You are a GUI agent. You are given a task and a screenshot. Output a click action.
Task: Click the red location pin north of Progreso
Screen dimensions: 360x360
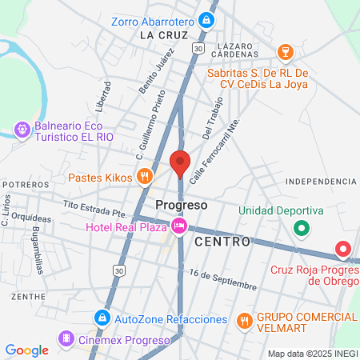[180, 162]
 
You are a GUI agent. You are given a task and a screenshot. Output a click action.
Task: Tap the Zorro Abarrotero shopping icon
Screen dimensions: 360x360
[207, 19]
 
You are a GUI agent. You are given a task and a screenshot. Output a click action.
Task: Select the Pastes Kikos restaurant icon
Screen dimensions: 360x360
[144, 177]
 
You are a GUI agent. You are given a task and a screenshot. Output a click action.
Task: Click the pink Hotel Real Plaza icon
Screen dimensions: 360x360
[179, 227]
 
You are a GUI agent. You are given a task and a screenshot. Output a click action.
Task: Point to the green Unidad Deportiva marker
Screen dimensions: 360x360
[302, 229]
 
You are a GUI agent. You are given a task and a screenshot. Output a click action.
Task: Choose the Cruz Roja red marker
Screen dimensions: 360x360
[344, 250]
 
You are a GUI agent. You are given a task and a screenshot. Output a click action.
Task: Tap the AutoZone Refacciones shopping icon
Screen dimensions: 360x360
[102, 318]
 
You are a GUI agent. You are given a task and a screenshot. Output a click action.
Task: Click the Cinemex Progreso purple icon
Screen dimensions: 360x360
[64, 340]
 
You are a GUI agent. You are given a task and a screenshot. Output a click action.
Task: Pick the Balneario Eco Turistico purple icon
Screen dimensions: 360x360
[22, 129]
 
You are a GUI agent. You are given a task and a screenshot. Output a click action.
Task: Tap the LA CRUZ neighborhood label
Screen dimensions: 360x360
[162, 36]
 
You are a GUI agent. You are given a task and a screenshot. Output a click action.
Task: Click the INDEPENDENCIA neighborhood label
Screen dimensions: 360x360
[320, 182]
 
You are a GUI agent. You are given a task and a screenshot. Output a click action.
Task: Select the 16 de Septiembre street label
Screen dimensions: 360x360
[223, 279]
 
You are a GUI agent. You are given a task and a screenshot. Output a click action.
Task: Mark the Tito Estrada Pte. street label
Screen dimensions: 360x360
[95, 208]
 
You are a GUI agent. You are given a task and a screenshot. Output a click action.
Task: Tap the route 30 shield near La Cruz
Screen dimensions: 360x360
[198, 49]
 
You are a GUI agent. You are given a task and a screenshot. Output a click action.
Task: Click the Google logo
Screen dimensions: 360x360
[26, 350]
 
